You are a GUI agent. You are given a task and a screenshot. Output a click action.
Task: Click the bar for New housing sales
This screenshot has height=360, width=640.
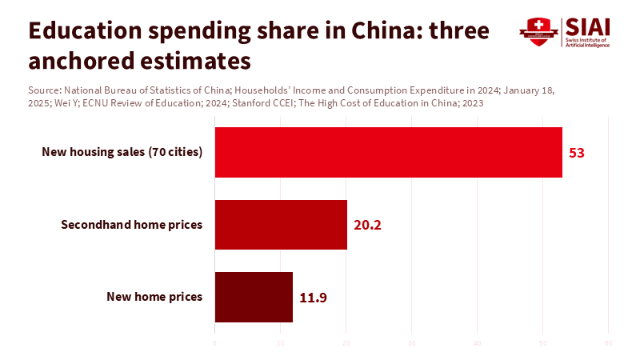(388, 152)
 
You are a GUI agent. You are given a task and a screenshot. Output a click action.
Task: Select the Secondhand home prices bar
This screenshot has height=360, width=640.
(281, 225)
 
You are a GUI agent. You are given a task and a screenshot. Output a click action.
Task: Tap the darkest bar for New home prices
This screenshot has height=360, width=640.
(254, 297)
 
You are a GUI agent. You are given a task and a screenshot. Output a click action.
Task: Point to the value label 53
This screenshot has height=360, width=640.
(577, 152)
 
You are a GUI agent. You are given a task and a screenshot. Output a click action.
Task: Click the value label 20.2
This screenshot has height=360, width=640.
(367, 225)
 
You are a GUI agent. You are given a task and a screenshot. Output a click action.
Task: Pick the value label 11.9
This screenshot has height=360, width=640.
(313, 297)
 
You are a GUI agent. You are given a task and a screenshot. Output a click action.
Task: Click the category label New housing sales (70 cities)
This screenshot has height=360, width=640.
(122, 152)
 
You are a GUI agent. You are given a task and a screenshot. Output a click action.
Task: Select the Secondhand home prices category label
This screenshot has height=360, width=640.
(132, 225)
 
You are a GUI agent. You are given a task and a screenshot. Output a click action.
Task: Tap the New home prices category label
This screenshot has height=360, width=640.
(154, 297)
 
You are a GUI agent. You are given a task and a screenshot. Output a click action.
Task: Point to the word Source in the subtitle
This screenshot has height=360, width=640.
(42, 90)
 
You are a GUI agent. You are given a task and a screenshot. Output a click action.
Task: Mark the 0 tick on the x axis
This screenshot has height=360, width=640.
(214, 344)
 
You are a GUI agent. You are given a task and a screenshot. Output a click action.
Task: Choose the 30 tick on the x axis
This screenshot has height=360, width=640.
(411, 344)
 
